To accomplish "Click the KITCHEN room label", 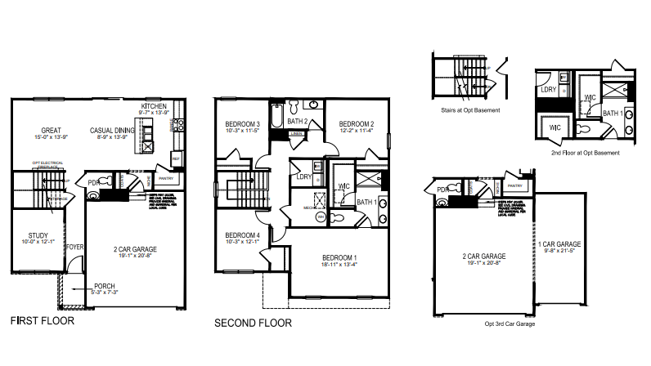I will [154, 107].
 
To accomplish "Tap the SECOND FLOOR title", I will [253, 323].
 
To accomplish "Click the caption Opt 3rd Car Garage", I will [510, 324].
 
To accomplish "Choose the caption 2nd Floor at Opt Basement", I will [584, 153].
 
